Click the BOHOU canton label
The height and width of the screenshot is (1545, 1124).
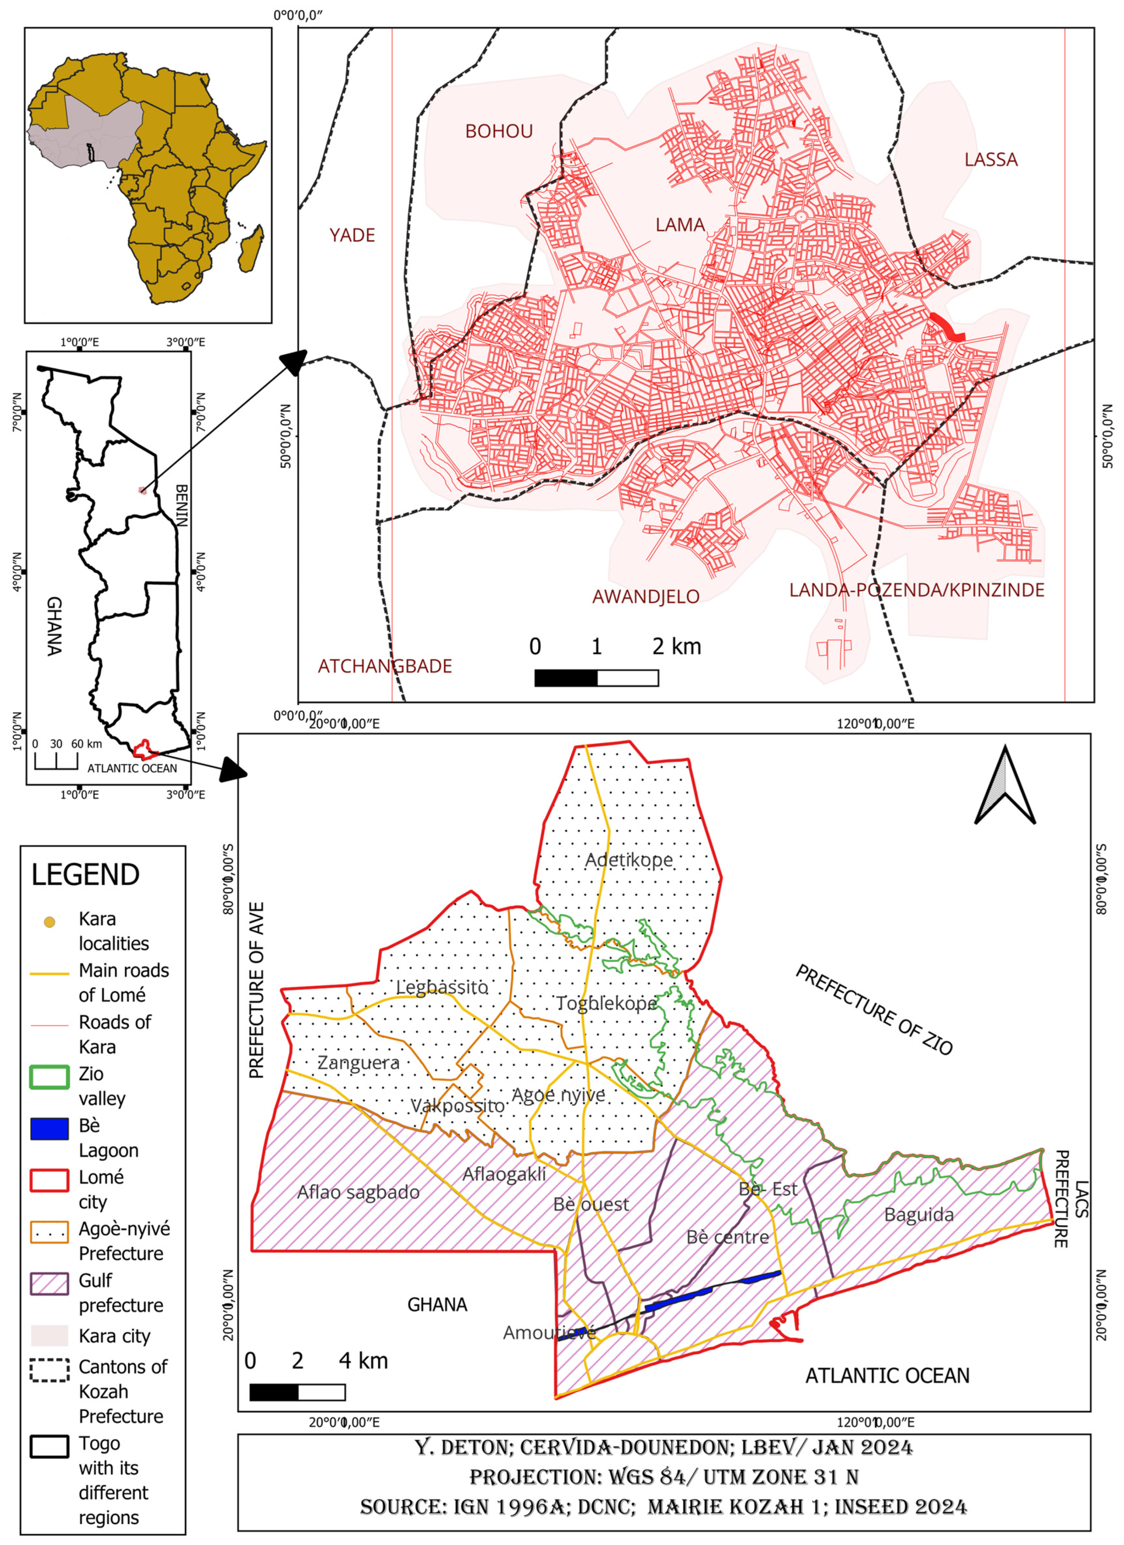[499, 131]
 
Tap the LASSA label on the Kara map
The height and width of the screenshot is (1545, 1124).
[991, 160]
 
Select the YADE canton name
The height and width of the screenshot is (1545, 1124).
[352, 236]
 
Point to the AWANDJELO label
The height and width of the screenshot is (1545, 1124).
[646, 597]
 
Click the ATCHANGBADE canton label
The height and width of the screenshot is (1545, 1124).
[385, 666]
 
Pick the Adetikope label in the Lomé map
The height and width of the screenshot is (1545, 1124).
[628, 860]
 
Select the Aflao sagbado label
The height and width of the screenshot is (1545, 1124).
[358, 1192]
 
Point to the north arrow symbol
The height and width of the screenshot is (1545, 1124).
[1005, 787]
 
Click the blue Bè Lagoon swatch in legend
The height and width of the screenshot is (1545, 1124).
[49, 1129]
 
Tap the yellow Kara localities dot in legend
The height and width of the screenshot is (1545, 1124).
[49, 922]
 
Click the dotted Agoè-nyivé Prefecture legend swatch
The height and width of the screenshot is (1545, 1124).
[49, 1232]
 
